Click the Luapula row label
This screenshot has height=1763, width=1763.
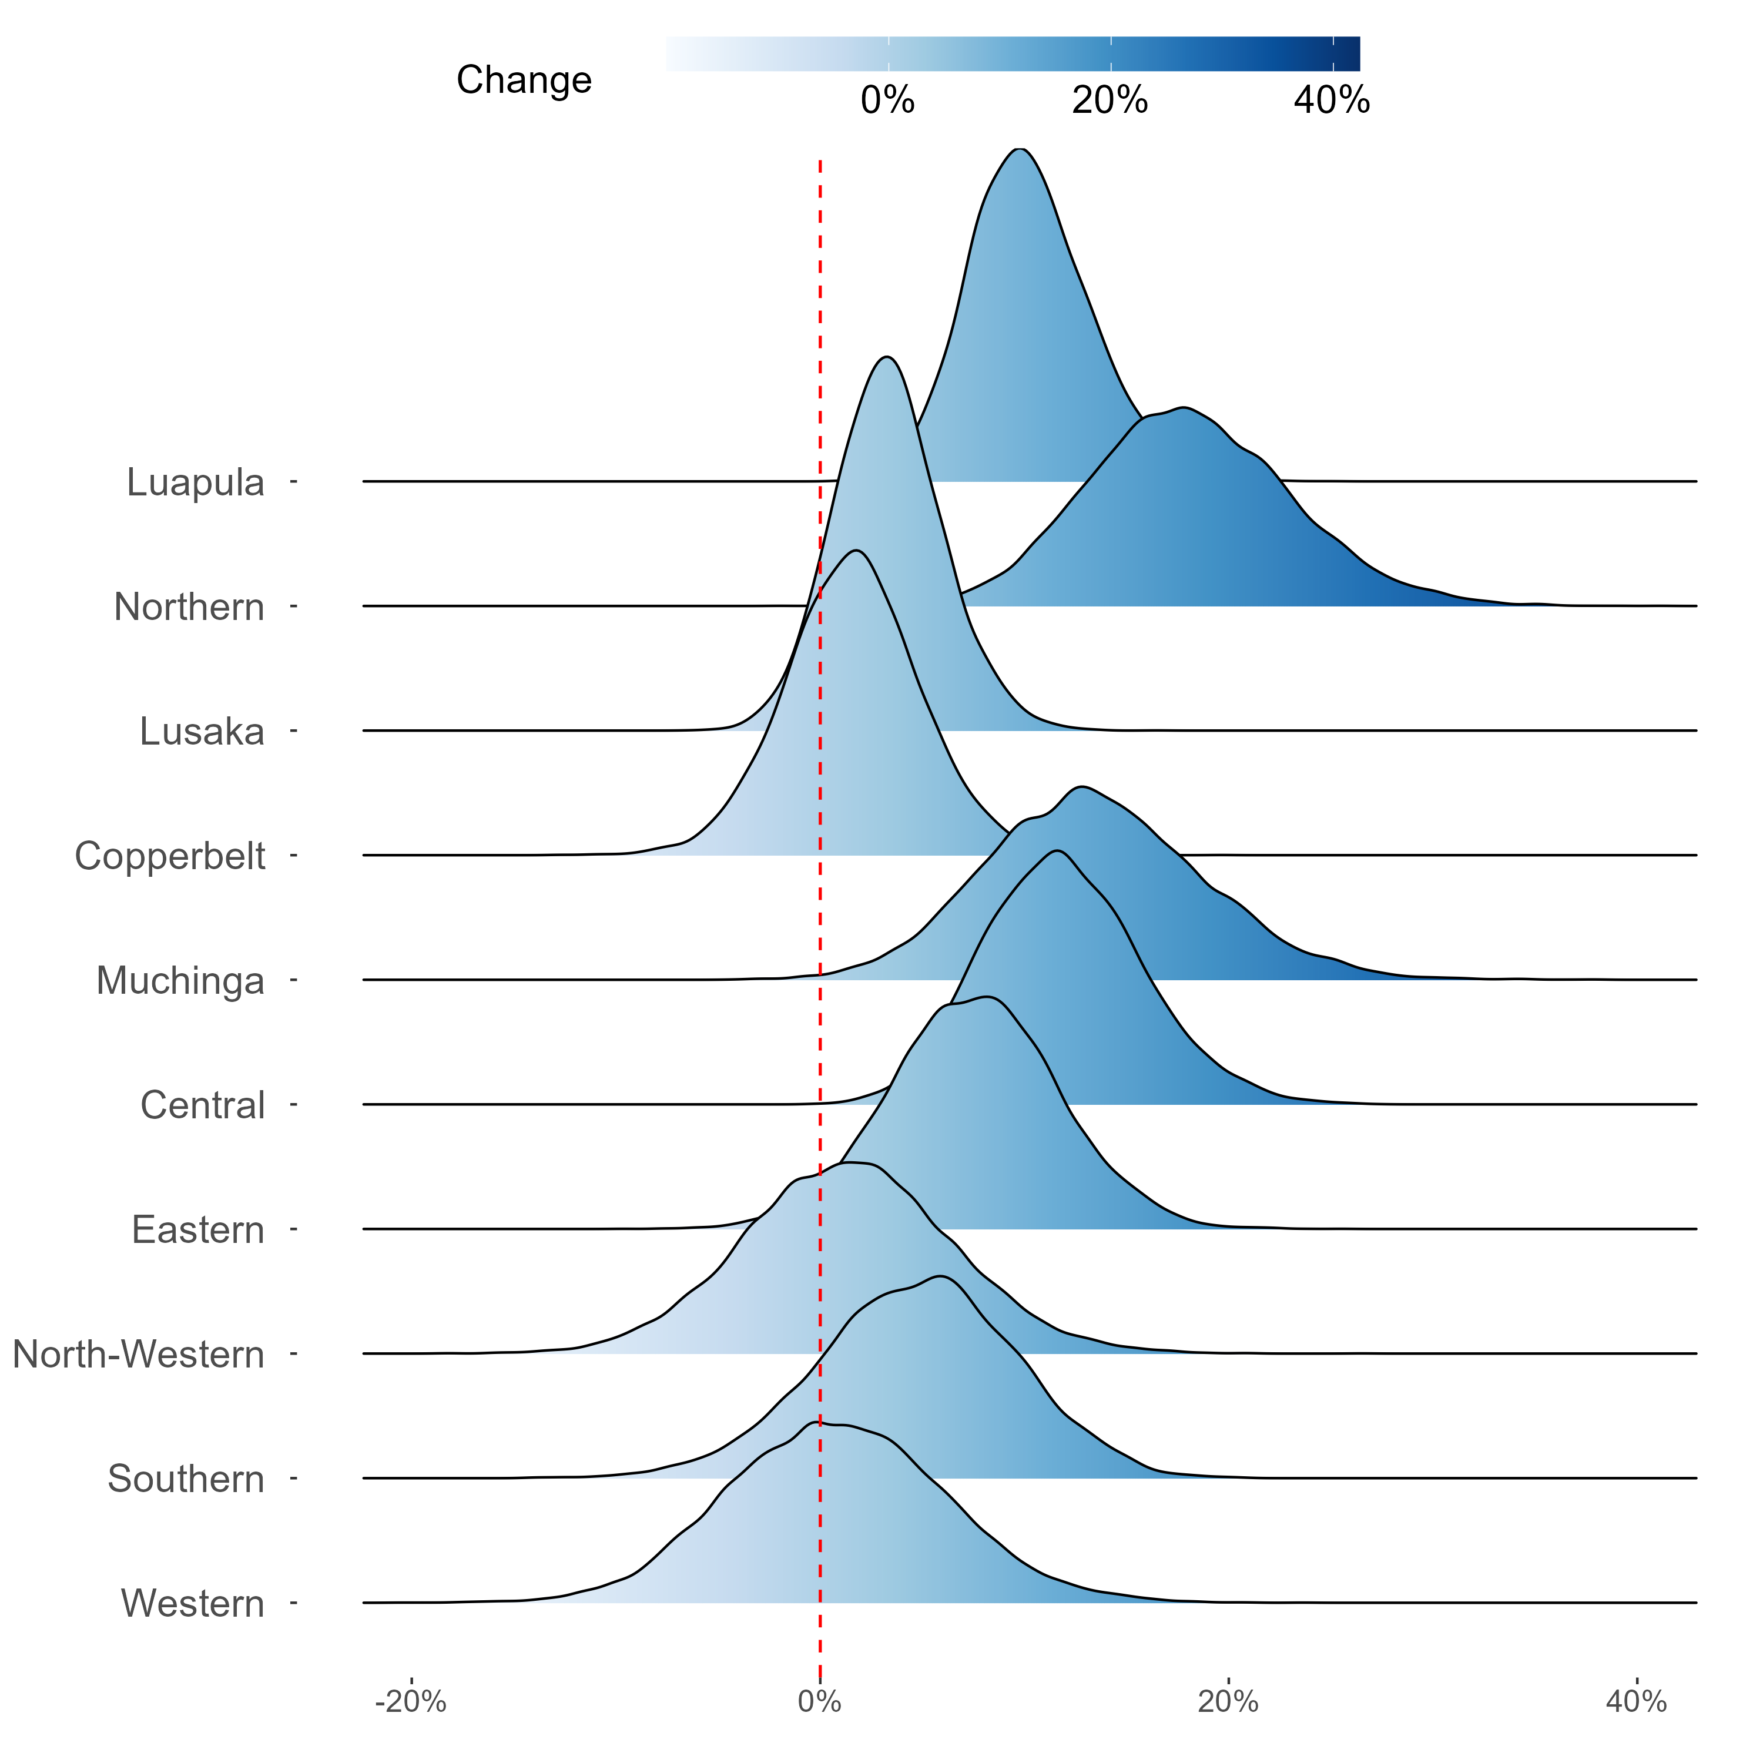tap(195, 482)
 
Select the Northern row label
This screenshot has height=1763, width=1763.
tap(189, 607)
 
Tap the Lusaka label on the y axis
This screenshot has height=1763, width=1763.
tap(202, 731)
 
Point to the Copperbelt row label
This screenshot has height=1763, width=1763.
tap(170, 856)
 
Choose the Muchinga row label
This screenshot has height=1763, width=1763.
tap(180, 981)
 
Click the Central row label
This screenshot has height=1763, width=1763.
tap(203, 1105)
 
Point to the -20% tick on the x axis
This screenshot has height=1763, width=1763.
tap(411, 1702)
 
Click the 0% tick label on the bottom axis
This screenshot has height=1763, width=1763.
tap(819, 1702)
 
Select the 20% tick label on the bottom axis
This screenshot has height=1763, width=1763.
tap(1228, 1702)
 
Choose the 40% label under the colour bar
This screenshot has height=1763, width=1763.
tap(1332, 100)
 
